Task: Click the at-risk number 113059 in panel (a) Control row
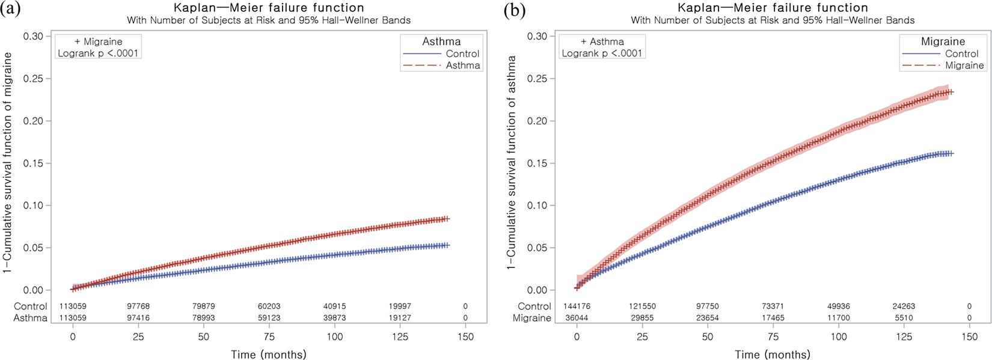[x=73, y=307]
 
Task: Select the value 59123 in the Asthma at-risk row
[x=269, y=318]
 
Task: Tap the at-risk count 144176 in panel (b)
[x=577, y=307]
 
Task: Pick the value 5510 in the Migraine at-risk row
[x=904, y=318]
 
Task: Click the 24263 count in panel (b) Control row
[x=904, y=307]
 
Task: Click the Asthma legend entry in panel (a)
[x=462, y=66]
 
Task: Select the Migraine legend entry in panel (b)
[x=964, y=66]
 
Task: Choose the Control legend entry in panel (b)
[x=961, y=53]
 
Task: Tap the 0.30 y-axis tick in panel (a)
[x=33, y=36]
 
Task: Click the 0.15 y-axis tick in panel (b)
[x=537, y=163]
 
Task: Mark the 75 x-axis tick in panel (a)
[x=269, y=337]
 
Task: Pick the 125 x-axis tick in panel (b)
[x=904, y=337]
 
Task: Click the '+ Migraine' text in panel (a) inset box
[x=98, y=41]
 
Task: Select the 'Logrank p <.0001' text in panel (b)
[x=602, y=53]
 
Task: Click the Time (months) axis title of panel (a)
[x=269, y=355]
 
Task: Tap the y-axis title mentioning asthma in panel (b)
[x=511, y=162]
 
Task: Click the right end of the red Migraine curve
[x=952, y=92]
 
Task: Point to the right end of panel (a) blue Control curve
[x=447, y=245]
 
